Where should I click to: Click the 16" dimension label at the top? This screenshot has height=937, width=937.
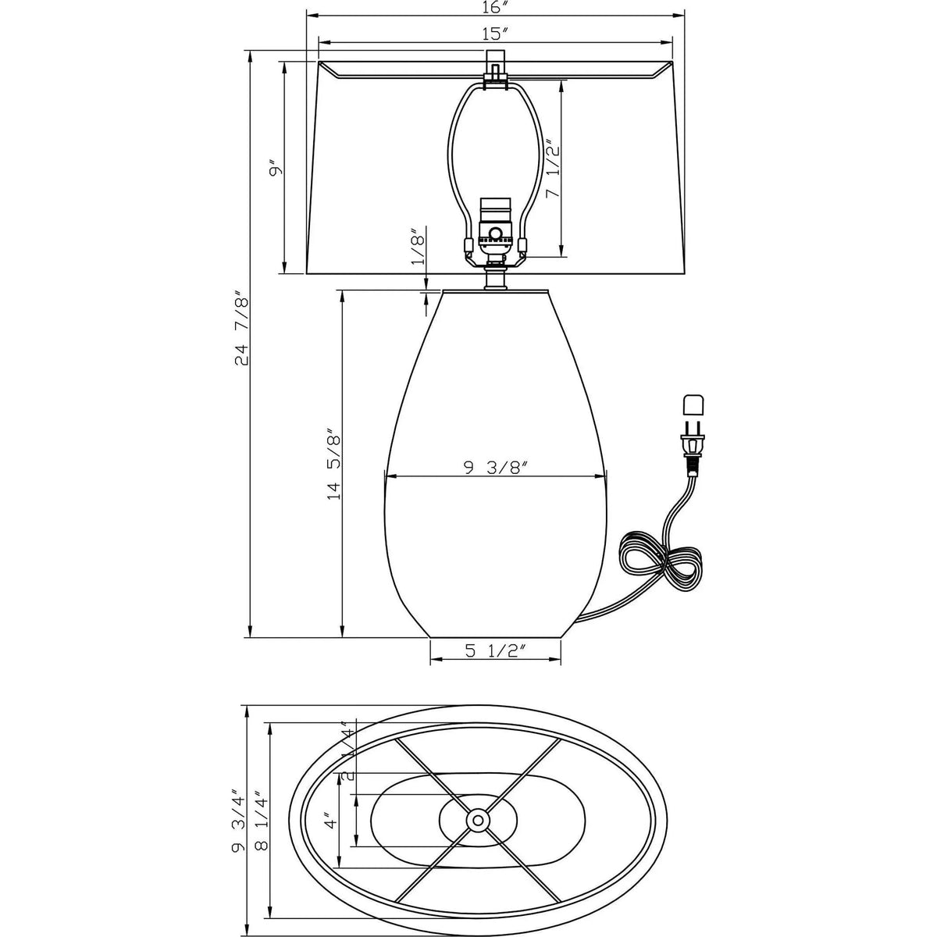click(494, 9)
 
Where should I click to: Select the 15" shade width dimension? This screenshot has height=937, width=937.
click(494, 34)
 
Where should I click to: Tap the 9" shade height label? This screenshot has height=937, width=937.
click(273, 169)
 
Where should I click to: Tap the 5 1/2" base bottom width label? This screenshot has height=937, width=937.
click(494, 650)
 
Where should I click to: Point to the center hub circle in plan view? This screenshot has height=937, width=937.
click(477, 820)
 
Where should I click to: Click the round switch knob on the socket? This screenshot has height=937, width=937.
click(495, 233)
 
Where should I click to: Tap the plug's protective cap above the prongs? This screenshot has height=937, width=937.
click(693, 405)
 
